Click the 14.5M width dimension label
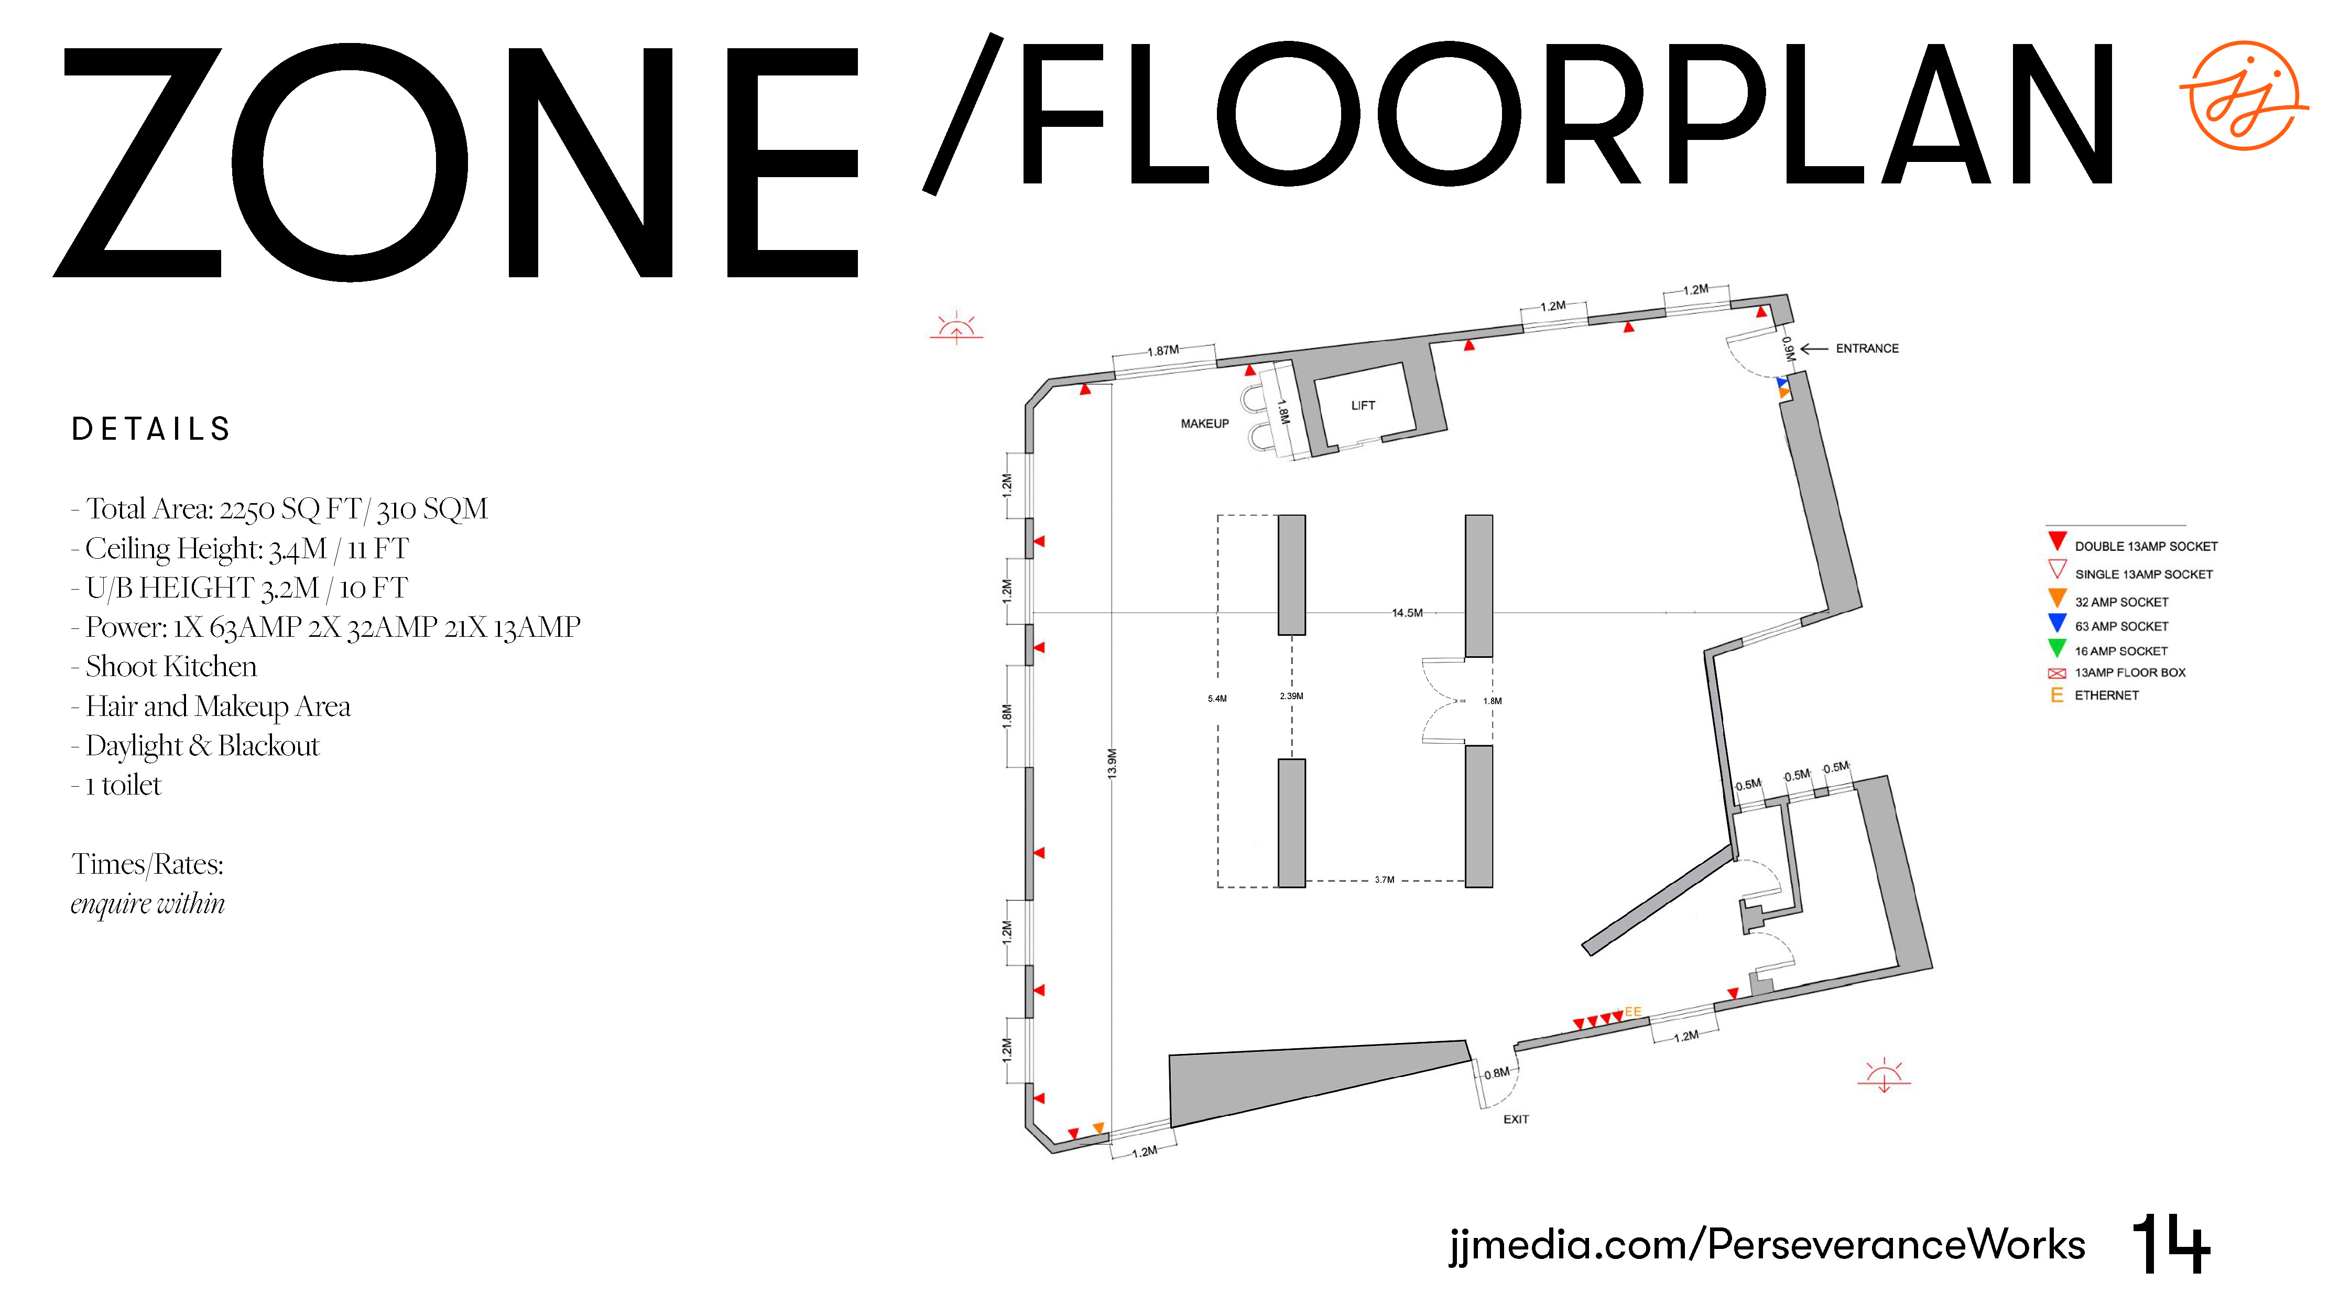(1407, 613)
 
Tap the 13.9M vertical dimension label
(1112, 763)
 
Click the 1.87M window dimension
(1163, 351)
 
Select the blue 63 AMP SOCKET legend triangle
(2058, 623)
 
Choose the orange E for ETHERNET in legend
(2056, 695)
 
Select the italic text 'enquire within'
(148, 904)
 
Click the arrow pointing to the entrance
(1814, 349)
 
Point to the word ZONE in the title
(455, 161)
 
